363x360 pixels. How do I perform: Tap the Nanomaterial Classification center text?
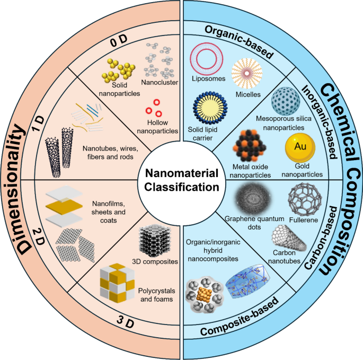[181, 180]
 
